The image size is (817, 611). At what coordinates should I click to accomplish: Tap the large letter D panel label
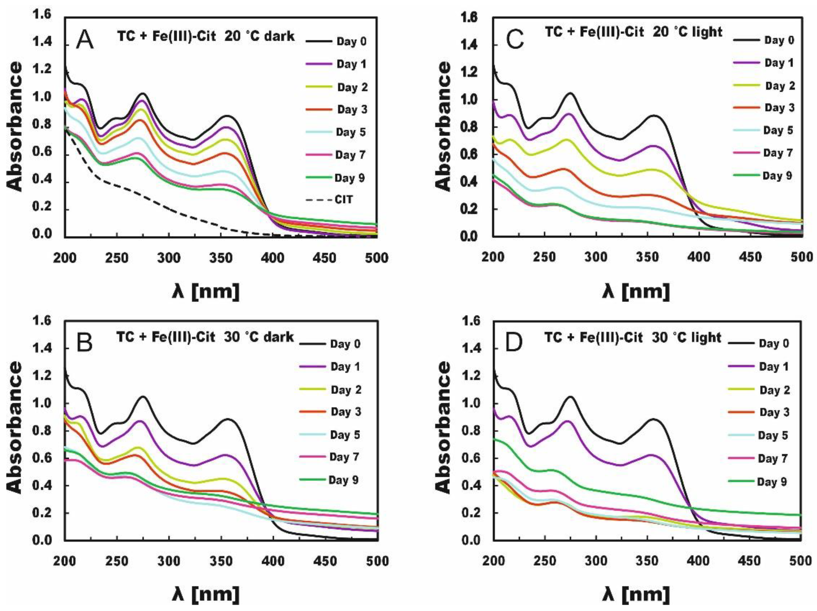click(x=514, y=343)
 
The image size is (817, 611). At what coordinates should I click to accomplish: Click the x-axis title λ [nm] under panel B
click(x=206, y=594)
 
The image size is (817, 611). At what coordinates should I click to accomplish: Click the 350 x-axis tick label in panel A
click(x=220, y=258)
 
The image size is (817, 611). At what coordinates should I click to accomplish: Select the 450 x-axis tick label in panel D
click(x=750, y=561)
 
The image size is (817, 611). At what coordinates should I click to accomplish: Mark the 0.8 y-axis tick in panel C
click(x=471, y=127)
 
